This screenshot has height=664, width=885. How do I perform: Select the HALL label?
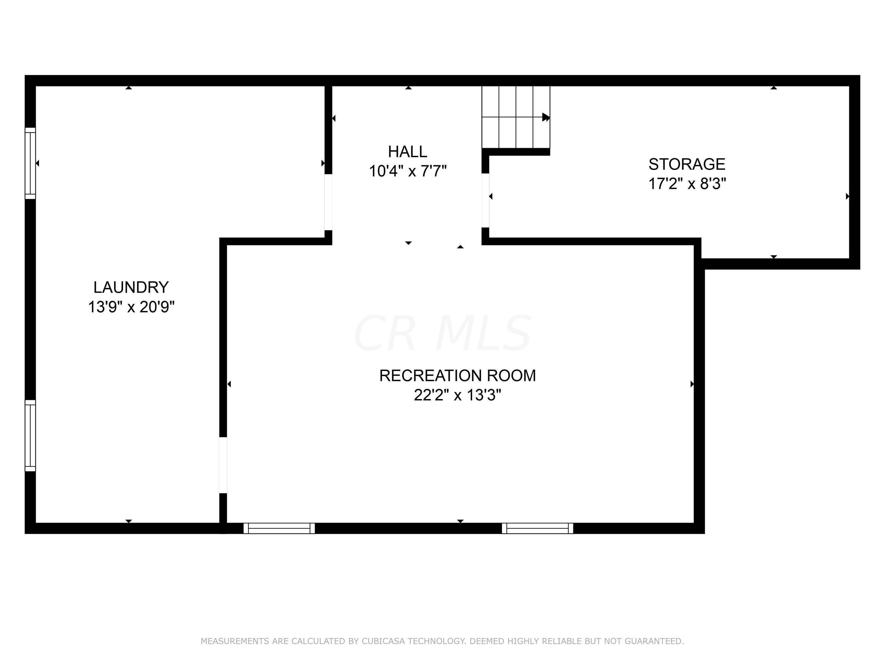pyautogui.click(x=407, y=152)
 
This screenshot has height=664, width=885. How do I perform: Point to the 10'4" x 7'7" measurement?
pyautogui.click(x=407, y=171)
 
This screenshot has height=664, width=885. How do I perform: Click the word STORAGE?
pyautogui.click(x=686, y=164)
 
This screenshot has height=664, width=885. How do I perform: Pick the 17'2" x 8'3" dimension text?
pyautogui.click(x=686, y=184)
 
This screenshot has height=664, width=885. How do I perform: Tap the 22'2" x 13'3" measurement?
pyautogui.click(x=457, y=395)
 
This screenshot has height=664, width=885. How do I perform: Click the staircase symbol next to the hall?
pyautogui.click(x=515, y=117)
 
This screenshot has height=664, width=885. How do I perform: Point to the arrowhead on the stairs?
pyautogui.click(x=546, y=117)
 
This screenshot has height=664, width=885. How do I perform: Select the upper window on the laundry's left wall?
pyautogui.click(x=30, y=163)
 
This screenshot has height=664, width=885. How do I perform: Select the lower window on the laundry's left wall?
pyautogui.click(x=30, y=436)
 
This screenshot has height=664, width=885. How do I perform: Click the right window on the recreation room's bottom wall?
pyautogui.click(x=537, y=528)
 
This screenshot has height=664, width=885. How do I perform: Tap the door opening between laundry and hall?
pyautogui.click(x=328, y=202)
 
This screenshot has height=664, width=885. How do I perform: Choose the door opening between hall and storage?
pyautogui.click(x=485, y=200)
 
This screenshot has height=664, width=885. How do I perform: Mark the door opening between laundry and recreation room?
pyautogui.click(x=223, y=465)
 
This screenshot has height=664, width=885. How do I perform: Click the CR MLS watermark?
pyautogui.click(x=442, y=333)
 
